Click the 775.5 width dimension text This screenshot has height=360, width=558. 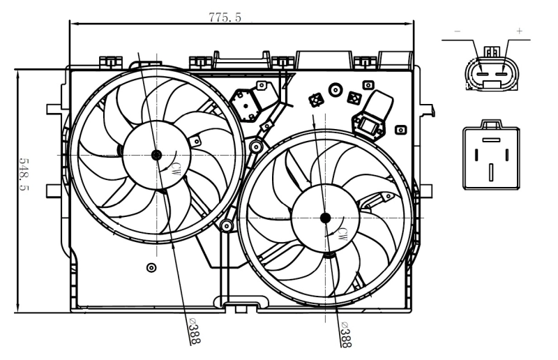pos(225,17)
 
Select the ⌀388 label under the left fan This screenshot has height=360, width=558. pos(194,330)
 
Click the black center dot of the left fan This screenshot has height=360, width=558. pos(156,154)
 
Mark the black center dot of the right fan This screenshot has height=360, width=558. pos(326,218)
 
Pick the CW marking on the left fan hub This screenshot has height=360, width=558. pos(176,167)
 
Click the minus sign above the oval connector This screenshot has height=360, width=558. pos(458,32)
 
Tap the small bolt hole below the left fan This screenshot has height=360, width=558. pos(151,267)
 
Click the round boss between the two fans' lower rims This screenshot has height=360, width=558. pos(226,226)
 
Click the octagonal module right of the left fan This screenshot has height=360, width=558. pos(246,103)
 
